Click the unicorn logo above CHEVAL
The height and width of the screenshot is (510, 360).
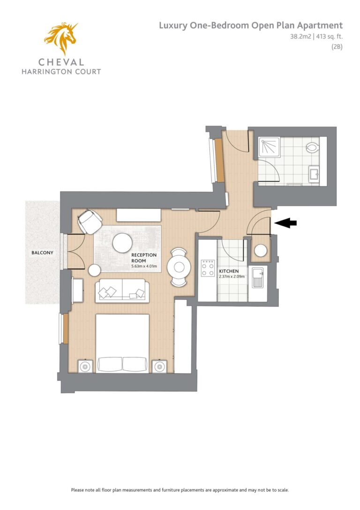(61, 38)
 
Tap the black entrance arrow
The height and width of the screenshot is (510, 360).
(285, 223)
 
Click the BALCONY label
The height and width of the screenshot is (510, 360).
(42, 253)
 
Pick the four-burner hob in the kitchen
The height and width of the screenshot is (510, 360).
(208, 268)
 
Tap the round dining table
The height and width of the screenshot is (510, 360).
(179, 267)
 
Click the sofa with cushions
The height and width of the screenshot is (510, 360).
(122, 290)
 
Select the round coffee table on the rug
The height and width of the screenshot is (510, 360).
(122, 243)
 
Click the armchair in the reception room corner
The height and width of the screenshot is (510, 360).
(90, 221)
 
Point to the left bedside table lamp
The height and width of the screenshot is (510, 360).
(85, 367)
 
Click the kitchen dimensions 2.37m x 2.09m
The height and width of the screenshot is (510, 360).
(232, 277)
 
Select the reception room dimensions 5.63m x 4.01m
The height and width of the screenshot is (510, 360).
(144, 266)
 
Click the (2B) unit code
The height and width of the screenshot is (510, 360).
(337, 46)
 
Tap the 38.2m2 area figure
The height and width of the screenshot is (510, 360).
(300, 37)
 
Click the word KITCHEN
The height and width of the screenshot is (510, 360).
(229, 271)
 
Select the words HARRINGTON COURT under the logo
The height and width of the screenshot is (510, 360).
(61, 72)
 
